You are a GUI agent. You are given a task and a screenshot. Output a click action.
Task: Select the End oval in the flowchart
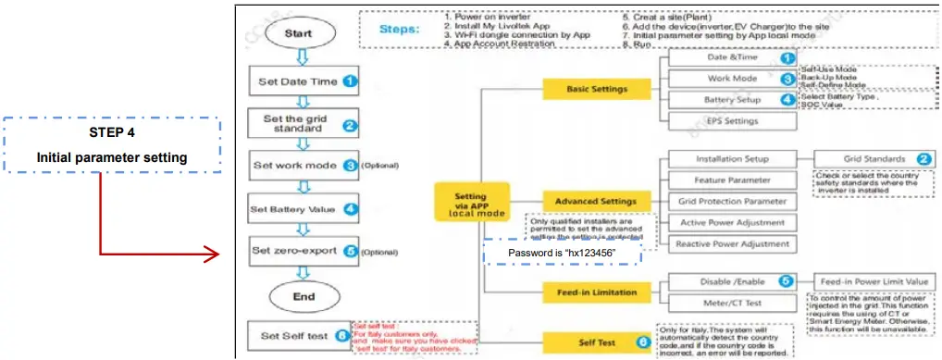(x=298, y=296)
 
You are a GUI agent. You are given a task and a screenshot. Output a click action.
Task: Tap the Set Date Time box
(x=298, y=81)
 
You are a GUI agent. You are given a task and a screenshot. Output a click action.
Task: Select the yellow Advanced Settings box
(x=595, y=200)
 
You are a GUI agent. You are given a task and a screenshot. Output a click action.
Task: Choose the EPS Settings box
(x=726, y=120)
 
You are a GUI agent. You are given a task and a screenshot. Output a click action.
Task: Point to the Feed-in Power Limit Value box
(x=873, y=281)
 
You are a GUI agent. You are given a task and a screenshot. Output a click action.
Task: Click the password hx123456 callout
(x=563, y=253)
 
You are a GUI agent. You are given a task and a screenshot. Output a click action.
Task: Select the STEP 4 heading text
(x=112, y=132)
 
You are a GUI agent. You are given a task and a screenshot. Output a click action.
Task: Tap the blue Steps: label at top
(x=399, y=29)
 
